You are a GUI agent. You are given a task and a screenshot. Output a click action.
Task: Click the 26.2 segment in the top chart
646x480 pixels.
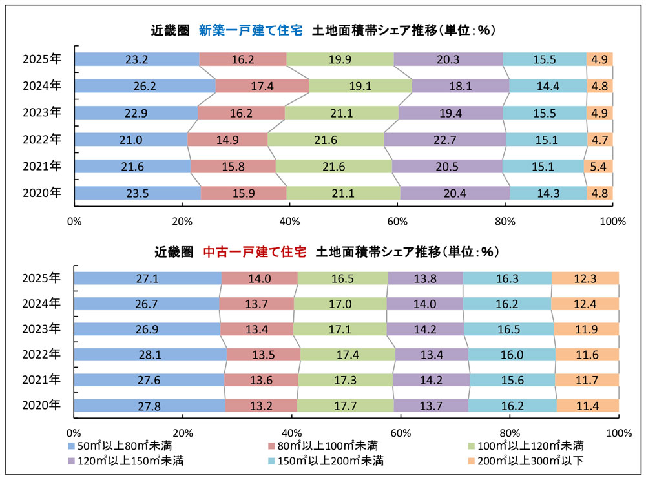pyautogui.click(x=145, y=86)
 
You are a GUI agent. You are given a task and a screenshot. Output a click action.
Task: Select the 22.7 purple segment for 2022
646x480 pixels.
pyautogui.click(x=445, y=140)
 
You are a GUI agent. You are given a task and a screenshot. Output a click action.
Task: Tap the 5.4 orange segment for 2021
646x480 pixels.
pyautogui.click(x=598, y=167)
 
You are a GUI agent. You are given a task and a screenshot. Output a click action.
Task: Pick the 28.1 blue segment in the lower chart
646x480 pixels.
pyautogui.click(x=150, y=354)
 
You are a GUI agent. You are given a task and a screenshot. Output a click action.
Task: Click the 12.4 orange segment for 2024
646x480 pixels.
pyautogui.click(x=585, y=304)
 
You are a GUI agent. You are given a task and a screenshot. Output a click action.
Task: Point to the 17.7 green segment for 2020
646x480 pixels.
pyautogui.click(x=345, y=406)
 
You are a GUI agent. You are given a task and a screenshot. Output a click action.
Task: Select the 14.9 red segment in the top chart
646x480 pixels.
pyautogui.click(x=227, y=140)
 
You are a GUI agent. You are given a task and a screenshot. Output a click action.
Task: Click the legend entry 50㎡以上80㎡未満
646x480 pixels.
pyautogui.click(x=120, y=446)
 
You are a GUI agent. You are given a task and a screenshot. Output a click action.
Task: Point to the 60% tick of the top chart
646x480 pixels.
pyautogui.click(x=397, y=222)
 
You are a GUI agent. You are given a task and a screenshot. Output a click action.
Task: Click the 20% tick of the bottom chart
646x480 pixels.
pyautogui.click(x=183, y=432)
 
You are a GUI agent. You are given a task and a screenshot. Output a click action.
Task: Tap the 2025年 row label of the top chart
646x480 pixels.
pyautogui.click(x=41, y=59)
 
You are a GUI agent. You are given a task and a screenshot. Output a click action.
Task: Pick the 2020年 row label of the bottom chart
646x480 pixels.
pyautogui.click(x=41, y=406)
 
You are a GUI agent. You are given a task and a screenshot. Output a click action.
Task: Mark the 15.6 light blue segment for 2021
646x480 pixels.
pyautogui.click(x=512, y=380)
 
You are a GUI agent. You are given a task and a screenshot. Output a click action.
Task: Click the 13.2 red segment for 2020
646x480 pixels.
pyautogui.click(x=261, y=406)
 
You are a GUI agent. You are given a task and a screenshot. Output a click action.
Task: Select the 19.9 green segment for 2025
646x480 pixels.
pyautogui.click(x=340, y=59)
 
